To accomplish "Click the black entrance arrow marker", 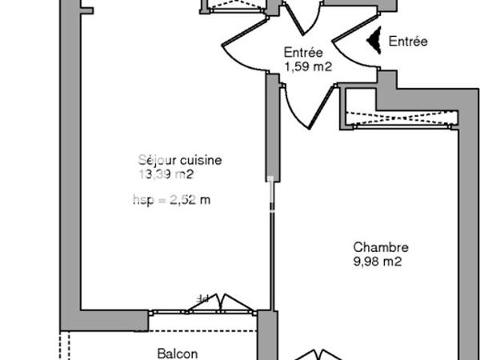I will pos(372,41).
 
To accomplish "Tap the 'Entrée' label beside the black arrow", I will pos(408,41).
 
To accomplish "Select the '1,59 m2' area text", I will pos(308,67).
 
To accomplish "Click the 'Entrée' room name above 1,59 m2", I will pos(303,53).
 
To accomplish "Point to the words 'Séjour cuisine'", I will pos(179,160).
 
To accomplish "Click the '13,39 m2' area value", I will pos(166,174).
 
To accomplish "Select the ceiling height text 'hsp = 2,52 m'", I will pos(171,200).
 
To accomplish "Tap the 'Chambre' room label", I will pos(381,248).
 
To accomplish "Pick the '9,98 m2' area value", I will pos(377,262).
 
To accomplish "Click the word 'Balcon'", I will pos(178,353).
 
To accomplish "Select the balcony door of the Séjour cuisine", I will pos(224,303).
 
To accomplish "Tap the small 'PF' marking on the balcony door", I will pos(203,298).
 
